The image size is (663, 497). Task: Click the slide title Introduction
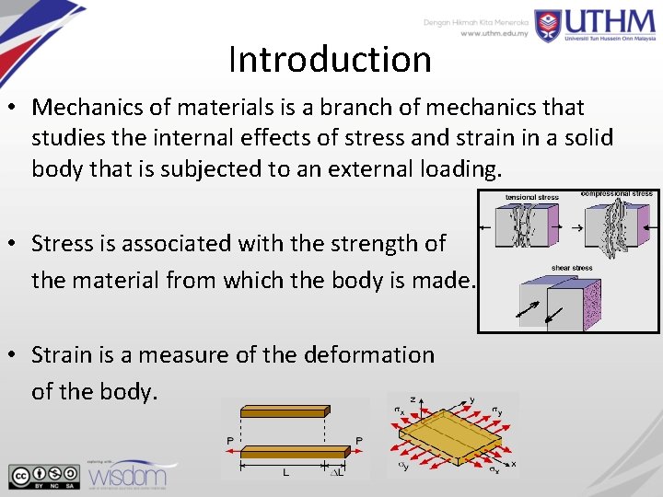pyautogui.click(x=330, y=60)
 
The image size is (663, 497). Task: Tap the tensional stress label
pyautogui.click(x=532, y=197)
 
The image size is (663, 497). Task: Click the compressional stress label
pyautogui.click(x=616, y=194)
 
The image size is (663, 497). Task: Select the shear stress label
pyautogui.click(x=572, y=268)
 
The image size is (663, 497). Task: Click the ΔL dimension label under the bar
pyautogui.click(x=339, y=472)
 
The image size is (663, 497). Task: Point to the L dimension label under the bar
pyautogui.click(x=285, y=473)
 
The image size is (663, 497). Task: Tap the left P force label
pyautogui.click(x=230, y=442)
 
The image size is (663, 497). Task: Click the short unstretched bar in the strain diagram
pyautogui.click(x=284, y=411)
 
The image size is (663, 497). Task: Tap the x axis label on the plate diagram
pyautogui.click(x=513, y=464)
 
